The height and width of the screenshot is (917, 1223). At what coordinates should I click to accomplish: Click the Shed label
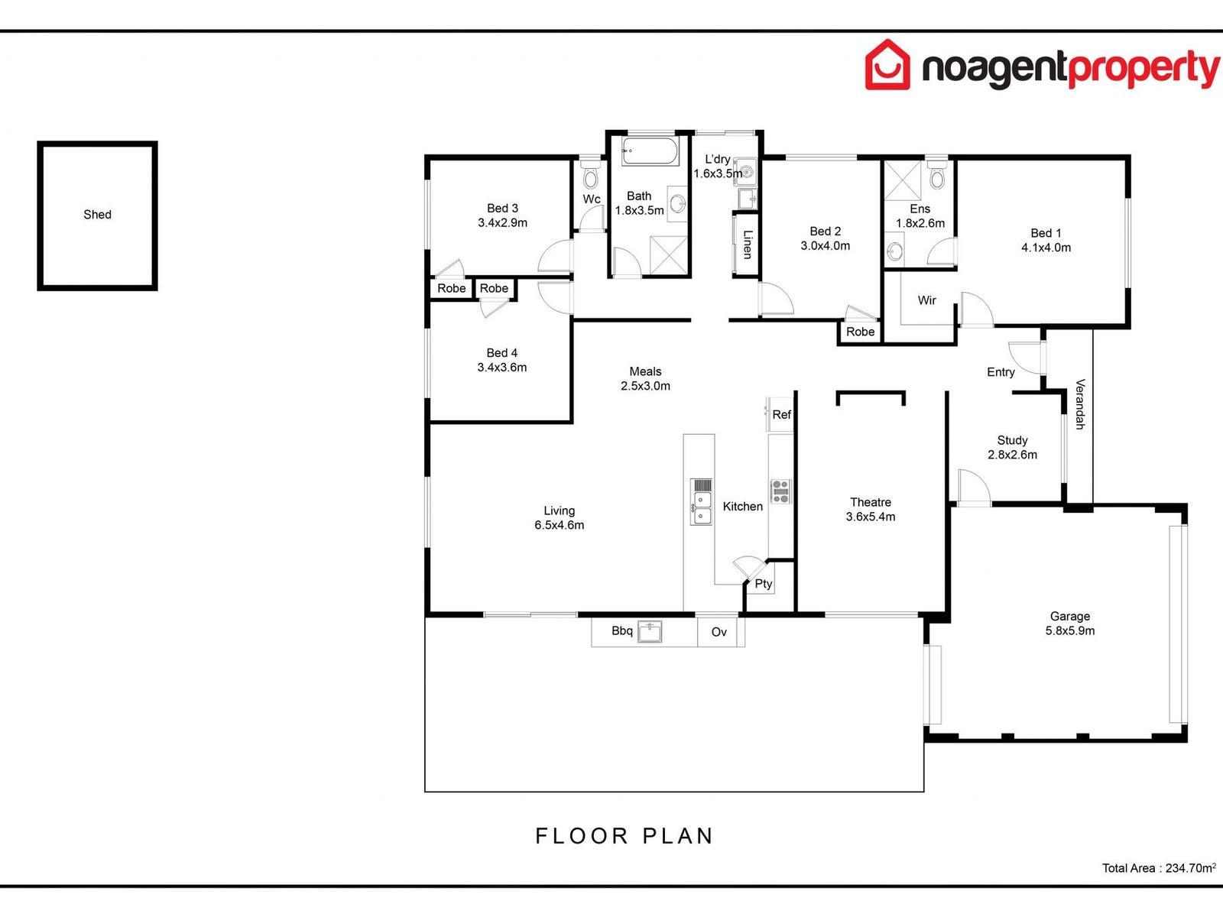(x=97, y=215)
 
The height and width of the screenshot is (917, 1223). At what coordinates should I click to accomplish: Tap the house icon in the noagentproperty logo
(x=887, y=65)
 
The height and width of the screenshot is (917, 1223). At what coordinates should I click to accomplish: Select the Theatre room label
(x=871, y=502)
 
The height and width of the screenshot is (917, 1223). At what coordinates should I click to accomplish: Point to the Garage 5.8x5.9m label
(x=1069, y=624)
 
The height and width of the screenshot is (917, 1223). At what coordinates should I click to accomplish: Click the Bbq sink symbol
(x=650, y=632)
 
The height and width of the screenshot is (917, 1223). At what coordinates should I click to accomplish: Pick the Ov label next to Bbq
(x=719, y=632)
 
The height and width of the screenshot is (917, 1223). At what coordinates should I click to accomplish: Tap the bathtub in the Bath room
(x=650, y=151)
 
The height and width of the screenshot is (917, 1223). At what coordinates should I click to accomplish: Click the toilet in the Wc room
(x=590, y=178)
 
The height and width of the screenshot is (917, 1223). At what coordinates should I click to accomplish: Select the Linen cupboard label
(x=748, y=244)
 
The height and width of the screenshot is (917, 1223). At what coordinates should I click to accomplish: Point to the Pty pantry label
(x=764, y=584)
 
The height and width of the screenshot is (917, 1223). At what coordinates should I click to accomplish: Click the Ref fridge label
(x=781, y=415)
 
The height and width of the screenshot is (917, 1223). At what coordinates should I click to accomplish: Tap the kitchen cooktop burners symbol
(x=780, y=491)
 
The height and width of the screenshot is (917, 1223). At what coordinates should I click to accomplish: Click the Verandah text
(x=1080, y=404)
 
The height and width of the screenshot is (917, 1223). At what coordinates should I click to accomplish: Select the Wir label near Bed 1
(x=926, y=300)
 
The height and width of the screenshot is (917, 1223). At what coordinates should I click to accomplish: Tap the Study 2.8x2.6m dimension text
(x=1012, y=455)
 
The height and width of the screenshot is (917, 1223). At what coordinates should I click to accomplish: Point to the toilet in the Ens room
(x=937, y=177)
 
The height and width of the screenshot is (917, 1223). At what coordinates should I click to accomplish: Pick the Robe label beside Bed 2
(x=860, y=332)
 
